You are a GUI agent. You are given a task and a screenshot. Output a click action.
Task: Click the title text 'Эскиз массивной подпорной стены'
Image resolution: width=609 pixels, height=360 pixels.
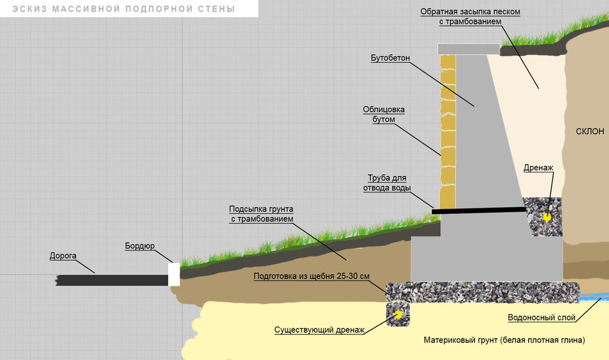click(124, 9)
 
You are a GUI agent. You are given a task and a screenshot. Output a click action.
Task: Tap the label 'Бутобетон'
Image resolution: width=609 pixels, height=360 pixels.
click(390, 58)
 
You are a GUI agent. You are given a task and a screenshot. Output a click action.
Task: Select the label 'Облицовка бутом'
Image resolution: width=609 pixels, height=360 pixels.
click(384, 115)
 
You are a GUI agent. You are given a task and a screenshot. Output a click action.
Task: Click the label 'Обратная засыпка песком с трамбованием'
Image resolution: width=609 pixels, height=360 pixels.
click(470, 17)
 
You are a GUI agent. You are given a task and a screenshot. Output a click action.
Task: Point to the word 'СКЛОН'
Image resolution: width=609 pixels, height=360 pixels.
click(590, 132)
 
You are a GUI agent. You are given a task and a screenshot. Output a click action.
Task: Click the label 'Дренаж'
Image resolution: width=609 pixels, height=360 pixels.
click(539, 168)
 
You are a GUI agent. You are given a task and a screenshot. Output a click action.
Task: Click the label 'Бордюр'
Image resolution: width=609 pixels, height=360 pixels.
click(140, 246)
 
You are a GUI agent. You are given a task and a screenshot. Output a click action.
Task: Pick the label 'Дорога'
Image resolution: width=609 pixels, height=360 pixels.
click(63, 256)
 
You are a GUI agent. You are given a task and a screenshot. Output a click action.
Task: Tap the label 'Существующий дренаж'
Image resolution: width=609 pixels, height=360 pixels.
click(319, 330)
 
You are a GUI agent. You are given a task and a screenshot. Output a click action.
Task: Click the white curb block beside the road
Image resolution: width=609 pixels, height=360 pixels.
click(174, 274)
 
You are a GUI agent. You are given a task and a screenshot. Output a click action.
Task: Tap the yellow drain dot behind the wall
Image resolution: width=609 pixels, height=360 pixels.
click(547, 216)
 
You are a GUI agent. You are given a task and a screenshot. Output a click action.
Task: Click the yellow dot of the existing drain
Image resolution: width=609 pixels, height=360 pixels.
click(399, 314)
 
